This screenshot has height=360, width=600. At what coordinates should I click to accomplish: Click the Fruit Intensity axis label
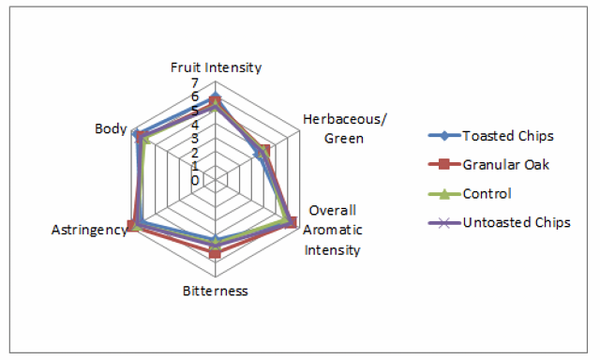coord(216,67)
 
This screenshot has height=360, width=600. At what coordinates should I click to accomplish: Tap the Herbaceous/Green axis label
coord(344,128)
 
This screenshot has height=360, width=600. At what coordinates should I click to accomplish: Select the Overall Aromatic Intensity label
coord(332,230)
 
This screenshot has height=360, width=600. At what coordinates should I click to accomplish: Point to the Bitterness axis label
coord(215,291)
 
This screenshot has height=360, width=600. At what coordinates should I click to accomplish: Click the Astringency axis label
coord(89,230)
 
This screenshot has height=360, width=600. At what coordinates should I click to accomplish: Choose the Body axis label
coord(111,129)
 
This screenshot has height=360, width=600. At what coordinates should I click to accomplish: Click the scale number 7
coord(195,82)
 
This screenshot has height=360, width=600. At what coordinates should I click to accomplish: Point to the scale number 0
coord(195,181)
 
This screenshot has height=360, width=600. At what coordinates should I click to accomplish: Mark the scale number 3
coord(195,139)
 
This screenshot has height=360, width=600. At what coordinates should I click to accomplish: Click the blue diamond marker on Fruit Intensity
coord(216,96)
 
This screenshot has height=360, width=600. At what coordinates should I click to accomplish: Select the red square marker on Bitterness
coord(215,253)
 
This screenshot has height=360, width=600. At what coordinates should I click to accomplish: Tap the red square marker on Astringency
coord(132,227)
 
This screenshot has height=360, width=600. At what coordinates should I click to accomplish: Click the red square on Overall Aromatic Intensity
coord(292,222)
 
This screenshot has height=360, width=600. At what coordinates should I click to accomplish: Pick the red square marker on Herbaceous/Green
coord(264,151)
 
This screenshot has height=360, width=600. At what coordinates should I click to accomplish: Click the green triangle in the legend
coord(444,193)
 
